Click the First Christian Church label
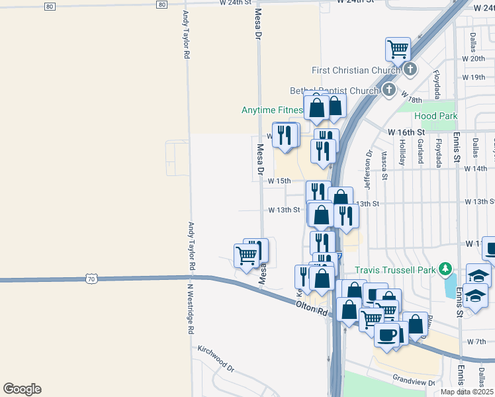(357, 70)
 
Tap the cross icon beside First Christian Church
(410, 69)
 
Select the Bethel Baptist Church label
(333, 91)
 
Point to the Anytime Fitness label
(272, 110)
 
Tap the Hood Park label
(436, 116)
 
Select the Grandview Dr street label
(413, 381)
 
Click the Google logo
(22, 389)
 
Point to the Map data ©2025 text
(467, 392)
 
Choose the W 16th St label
(406, 132)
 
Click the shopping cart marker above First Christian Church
(398, 48)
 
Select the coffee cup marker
(386, 334)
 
